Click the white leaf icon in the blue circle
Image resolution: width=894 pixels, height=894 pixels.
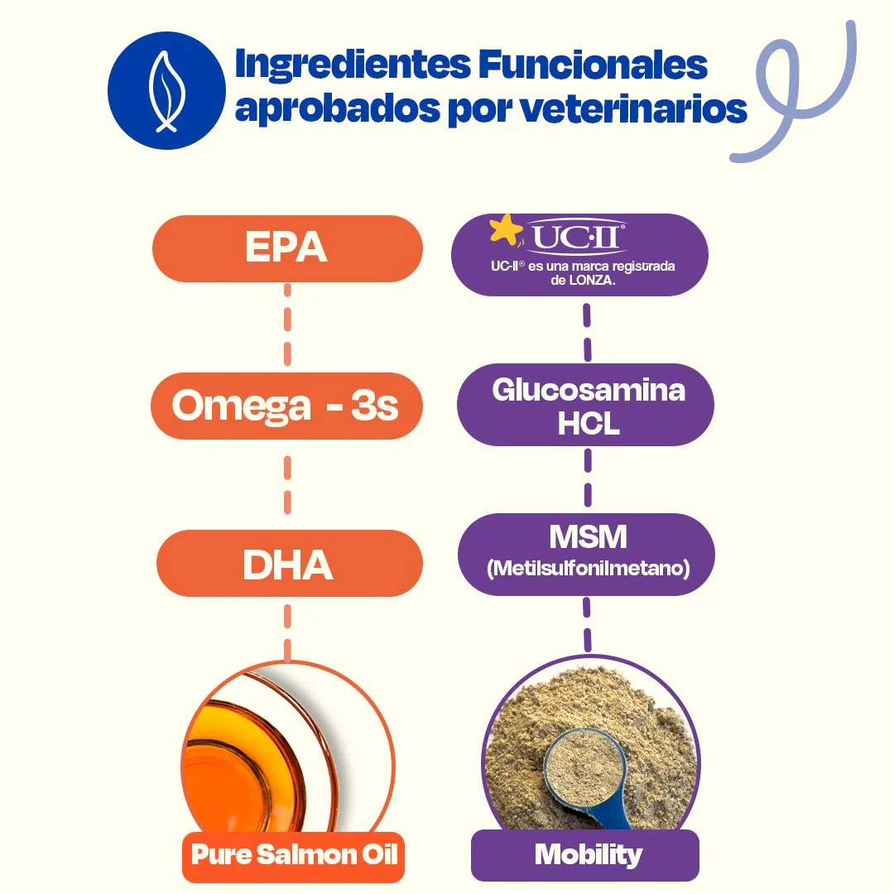click(165, 91)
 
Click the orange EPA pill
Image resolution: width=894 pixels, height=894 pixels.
click(287, 248)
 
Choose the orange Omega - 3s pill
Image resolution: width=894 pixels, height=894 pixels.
click(286, 406)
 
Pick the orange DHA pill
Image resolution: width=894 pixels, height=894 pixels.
click(289, 564)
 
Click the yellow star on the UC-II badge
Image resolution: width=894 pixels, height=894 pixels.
click(506, 229)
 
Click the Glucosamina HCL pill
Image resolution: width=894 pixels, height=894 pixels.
click(587, 406)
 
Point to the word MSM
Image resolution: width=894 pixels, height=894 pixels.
click(588, 537)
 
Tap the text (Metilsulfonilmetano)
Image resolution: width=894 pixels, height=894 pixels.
click(588, 569)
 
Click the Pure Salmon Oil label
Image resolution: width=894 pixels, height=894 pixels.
click(293, 854)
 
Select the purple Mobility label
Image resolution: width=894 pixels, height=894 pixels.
click(587, 854)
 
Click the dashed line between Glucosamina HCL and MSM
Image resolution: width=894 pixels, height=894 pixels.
click(588, 478)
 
